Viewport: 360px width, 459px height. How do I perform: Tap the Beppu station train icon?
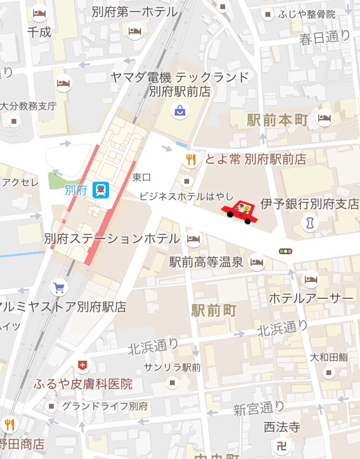tap(101, 190)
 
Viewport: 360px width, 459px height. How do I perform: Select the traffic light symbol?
tap(286, 251)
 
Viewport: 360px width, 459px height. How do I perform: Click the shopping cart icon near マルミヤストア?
tap(59, 288)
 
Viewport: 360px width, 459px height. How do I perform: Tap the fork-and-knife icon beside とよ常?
tap(191, 160)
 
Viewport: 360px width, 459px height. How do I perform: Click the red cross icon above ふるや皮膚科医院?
tap(83, 366)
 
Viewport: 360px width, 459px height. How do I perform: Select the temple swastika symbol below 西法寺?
tap(282, 446)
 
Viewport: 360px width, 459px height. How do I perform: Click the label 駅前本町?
tap(277, 120)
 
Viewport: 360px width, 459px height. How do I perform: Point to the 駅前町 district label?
tap(214, 310)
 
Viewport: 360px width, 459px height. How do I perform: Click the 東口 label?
tap(142, 177)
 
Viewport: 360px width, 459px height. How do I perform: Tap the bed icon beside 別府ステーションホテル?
tap(193, 238)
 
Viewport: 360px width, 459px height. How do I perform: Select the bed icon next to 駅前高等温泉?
tap(257, 262)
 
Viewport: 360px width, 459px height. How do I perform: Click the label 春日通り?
tap(325, 38)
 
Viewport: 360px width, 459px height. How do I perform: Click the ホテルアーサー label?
tap(311, 298)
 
